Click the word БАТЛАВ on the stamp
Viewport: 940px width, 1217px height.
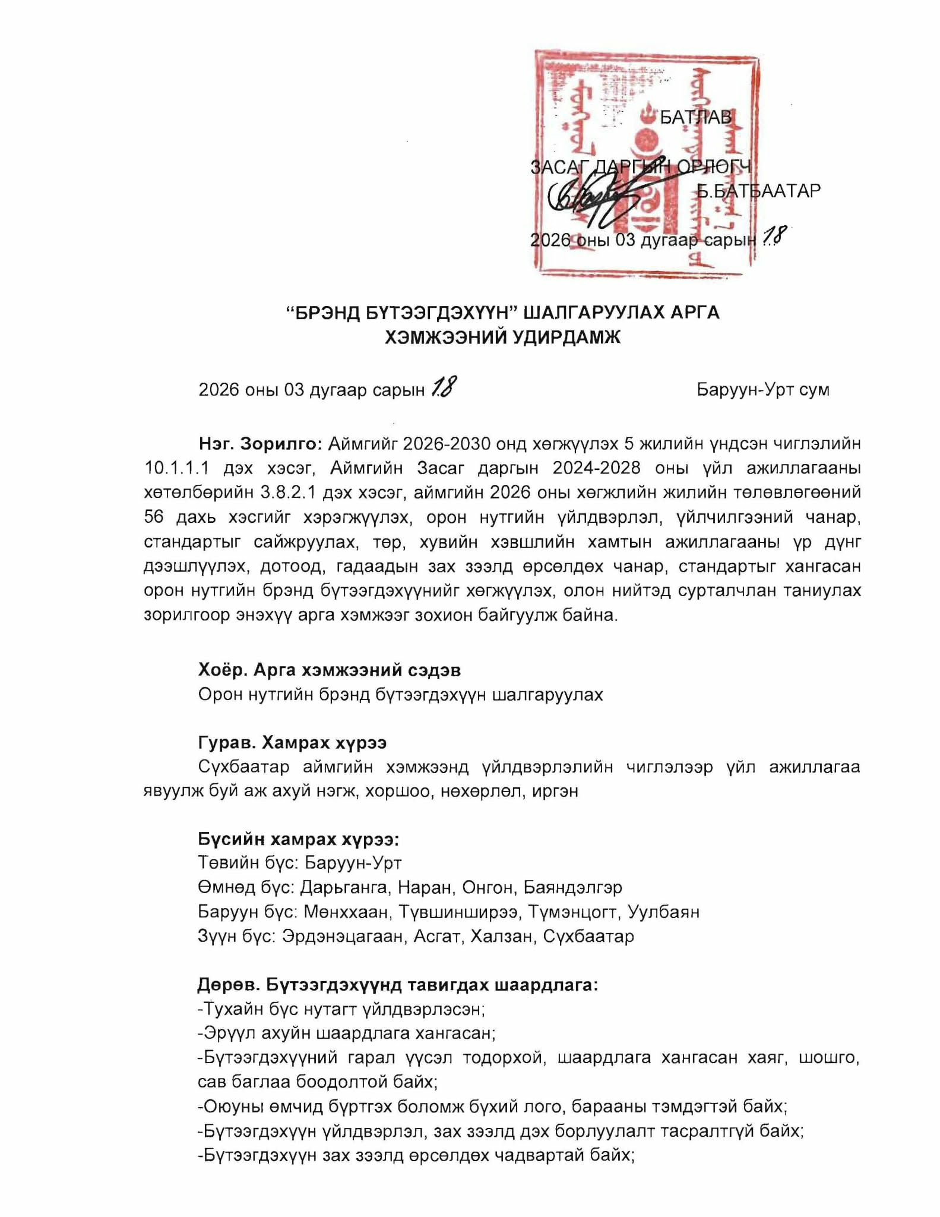click(x=695, y=117)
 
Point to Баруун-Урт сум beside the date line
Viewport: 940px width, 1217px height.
click(x=763, y=390)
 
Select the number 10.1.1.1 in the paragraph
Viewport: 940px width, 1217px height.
click(x=176, y=468)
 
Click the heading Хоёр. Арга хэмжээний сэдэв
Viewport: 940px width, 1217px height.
click(x=330, y=670)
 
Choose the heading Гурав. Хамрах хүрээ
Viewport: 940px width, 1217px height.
click(x=292, y=743)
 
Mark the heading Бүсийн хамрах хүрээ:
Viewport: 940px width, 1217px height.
click(x=298, y=840)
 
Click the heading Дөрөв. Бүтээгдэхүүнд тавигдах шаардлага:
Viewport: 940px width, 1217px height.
click(x=398, y=985)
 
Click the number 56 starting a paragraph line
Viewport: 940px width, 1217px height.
click(x=154, y=517)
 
